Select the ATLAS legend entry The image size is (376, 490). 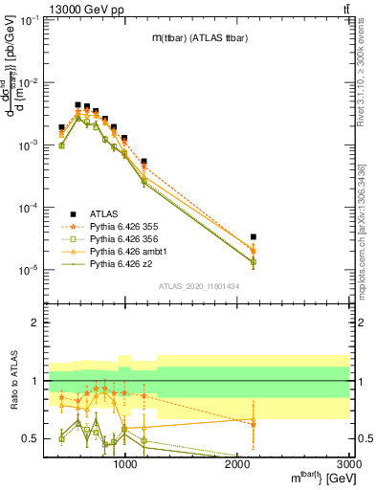(102, 213)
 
